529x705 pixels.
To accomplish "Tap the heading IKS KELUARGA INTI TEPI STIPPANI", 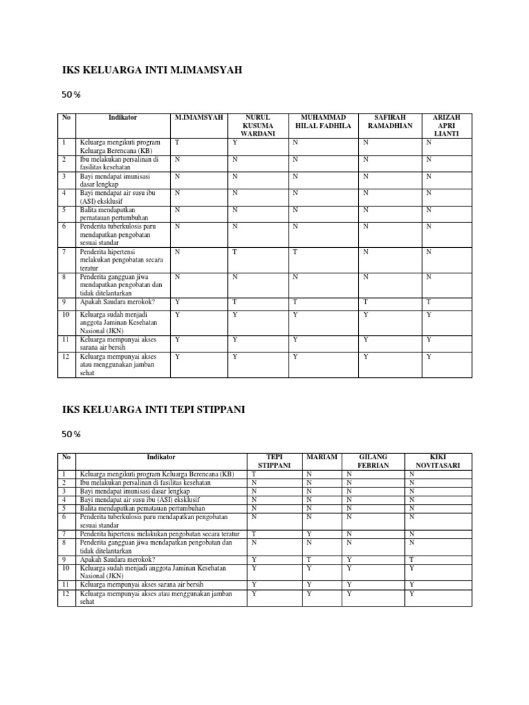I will pos(154,409).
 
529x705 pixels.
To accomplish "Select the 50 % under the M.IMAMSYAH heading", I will pos(71,94).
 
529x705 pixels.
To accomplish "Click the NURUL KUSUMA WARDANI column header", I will pos(255,126).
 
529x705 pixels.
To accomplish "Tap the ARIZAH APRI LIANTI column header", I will pos(447,126).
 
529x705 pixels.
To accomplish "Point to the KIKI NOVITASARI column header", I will pos(439,461).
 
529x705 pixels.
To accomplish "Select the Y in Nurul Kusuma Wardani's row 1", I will pos(235,143).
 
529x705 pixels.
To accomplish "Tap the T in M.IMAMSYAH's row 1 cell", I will pos(176,143).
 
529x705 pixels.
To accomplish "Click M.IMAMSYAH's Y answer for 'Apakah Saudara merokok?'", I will pos(177,301).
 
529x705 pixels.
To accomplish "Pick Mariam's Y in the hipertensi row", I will pos(309,534).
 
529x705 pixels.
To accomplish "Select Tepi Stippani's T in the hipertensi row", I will pos(253,534).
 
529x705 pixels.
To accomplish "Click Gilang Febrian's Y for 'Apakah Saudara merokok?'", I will pos(349,560).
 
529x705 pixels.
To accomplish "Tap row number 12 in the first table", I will pos(66,357).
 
